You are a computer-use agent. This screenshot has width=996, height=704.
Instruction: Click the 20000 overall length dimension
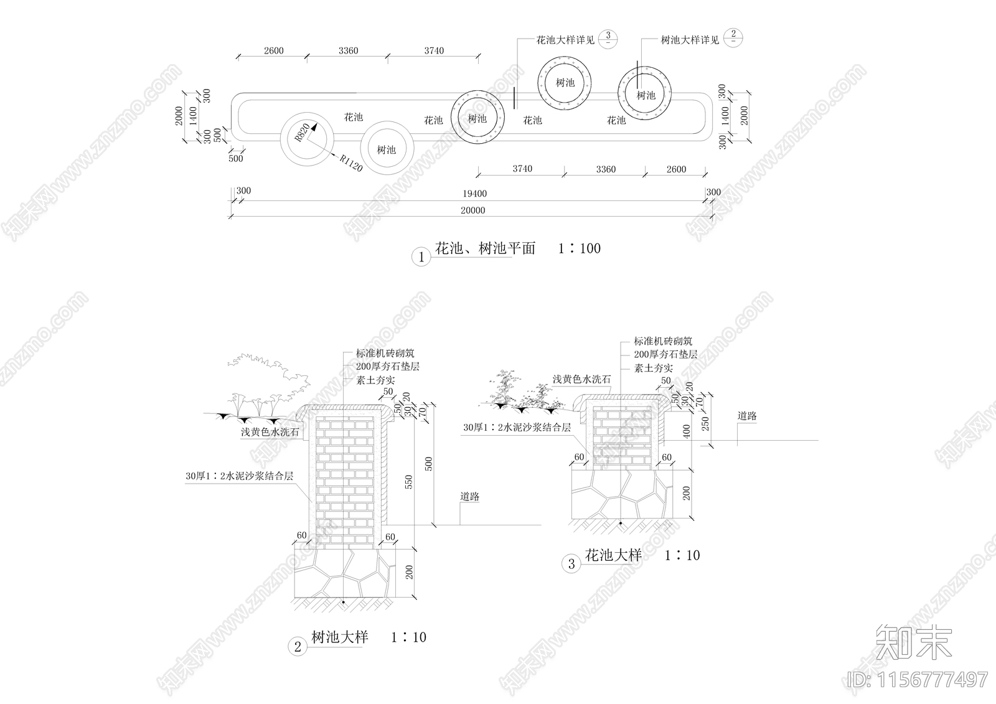pyautogui.click(x=472, y=210)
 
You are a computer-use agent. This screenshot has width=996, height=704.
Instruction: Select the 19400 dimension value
pyautogui.click(x=475, y=194)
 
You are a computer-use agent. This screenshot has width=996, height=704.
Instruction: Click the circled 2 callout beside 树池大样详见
pyautogui.click(x=733, y=37)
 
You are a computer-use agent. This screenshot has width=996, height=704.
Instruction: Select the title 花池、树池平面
pyautogui.click(x=485, y=248)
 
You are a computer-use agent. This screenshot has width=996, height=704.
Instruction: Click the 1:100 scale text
pyautogui.click(x=579, y=248)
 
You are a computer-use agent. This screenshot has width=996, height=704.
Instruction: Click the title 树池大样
pyautogui.click(x=339, y=637)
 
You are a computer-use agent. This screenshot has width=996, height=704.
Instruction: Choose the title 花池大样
pyautogui.click(x=613, y=555)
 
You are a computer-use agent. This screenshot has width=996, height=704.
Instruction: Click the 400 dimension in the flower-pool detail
pyautogui.click(x=687, y=431)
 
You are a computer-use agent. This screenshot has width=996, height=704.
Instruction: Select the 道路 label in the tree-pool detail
pyautogui.click(x=470, y=497)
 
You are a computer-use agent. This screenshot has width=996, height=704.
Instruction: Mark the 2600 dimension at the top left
pyautogui.click(x=273, y=50)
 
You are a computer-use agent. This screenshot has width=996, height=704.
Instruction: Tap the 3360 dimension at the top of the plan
pyautogui.click(x=348, y=50)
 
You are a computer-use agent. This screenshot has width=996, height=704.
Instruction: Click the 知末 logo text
pyautogui.click(x=914, y=641)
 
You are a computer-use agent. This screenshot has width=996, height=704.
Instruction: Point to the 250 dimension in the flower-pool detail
pyautogui.click(x=705, y=422)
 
